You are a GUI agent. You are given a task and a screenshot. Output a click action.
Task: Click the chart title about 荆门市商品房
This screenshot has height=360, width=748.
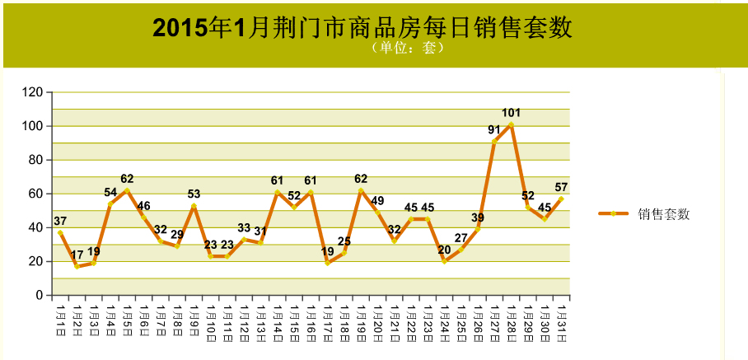tap(362, 28)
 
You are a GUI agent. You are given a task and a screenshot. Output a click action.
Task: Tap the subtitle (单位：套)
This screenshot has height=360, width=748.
tap(408, 48)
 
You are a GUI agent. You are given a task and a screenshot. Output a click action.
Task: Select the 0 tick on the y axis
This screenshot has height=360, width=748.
tap(40, 296)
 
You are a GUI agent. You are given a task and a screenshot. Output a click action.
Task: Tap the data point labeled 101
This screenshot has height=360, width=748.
tap(512, 124)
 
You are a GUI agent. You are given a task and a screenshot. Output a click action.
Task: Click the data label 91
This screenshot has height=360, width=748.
tap(494, 129)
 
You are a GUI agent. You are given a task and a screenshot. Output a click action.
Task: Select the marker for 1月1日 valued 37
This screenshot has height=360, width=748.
tap(60, 232)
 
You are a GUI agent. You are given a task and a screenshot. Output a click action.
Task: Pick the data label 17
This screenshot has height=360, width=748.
tap(77, 255)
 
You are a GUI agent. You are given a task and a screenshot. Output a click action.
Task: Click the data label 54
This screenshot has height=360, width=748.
tap(110, 192)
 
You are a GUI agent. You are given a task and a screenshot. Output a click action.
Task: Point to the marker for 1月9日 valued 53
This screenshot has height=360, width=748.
tap(194, 206)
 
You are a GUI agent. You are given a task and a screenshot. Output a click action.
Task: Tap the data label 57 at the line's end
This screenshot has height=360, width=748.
tap(562, 187)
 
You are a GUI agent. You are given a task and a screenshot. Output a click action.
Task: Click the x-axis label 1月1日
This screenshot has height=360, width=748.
tap(60, 316)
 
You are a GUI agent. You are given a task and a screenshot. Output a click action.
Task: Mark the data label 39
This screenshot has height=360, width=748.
tap(478, 218)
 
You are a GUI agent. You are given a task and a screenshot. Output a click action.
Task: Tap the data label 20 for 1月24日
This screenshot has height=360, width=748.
tap(444, 250)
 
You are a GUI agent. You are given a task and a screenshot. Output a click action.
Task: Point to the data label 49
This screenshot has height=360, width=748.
tap(377, 201)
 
